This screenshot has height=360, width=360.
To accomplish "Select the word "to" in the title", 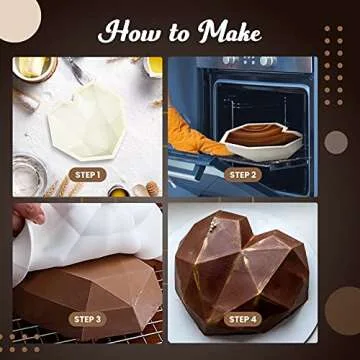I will click(179, 34).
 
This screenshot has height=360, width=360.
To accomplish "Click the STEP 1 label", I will click(87, 176).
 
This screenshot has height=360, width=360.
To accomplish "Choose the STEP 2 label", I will click(242, 176).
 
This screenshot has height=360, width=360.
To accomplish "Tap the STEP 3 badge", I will click(87, 319).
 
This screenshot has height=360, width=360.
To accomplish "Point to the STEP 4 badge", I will click(242, 319).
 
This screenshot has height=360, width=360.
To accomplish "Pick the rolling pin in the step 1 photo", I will click(24, 100).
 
